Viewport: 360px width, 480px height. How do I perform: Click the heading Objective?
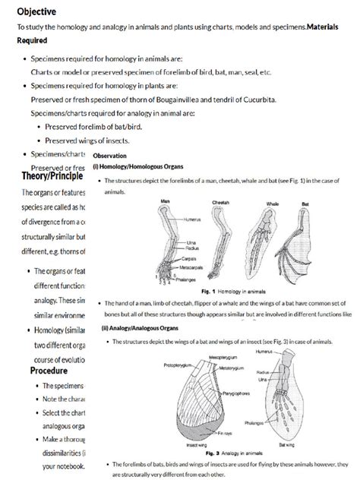pyautogui.click(x=36, y=10)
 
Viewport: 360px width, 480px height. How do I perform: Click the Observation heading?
pyautogui.click(x=110, y=155)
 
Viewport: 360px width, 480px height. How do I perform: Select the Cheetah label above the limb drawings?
pyautogui.click(x=220, y=203)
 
